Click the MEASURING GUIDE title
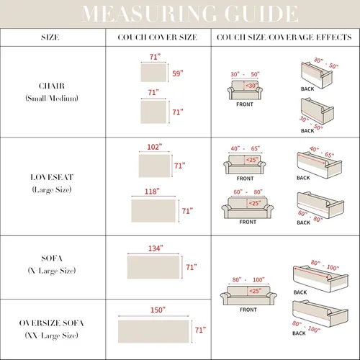[x=190, y=14]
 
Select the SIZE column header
[x=50, y=37]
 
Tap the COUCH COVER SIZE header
[x=158, y=37]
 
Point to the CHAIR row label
[x=52, y=86]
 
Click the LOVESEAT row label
[x=52, y=177]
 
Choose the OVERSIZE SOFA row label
[x=52, y=323]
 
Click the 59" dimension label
[x=178, y=73]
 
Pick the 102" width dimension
[x=155, y=147]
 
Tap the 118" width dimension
[x=152, y=192]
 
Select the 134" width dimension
[x=156, y=248]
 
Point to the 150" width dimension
[x=158, y=310]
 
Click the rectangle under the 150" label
[x=153, y=331]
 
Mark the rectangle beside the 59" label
[x=153, y=73]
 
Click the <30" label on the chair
[x=251, y=86]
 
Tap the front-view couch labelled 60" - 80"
[x=248, y=207]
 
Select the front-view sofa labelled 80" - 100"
[x=248, y=295]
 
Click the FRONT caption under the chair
[x=245, y=104]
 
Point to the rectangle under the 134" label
[x=153, y=267]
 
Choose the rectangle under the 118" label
[x=153, y=211]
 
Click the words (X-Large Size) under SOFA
[x=52, y=271]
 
